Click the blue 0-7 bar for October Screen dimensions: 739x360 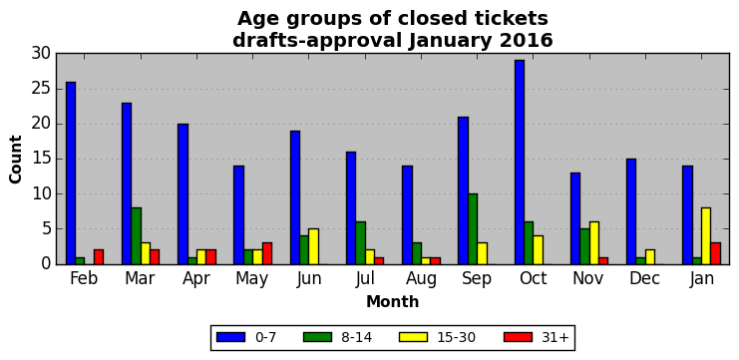click(x=520, y=163)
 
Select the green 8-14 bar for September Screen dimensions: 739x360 click(x=473, y=229)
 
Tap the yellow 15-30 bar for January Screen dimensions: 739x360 click(x=706, y=236)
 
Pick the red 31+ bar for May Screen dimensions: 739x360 click(x=267, y=253)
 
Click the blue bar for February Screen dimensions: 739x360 click(x=71, y=173)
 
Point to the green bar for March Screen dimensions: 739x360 click(x=137, y=236)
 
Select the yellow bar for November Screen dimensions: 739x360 click(x=594, y=243)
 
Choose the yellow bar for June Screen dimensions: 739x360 click(x=314, y=246)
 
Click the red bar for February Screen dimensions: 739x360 click(x=99, y=257)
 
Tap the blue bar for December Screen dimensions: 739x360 click(x=631, y=211)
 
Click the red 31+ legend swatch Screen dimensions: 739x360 click(x=519, y=337)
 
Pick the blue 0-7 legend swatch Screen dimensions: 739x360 click(x=230, y=337)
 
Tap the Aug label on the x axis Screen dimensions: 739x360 click(x=421, y=279)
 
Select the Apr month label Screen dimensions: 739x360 click(x=197, y=279)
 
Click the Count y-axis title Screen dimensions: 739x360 click(x=16, y=160)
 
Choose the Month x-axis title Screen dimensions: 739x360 click(x=393, y=301)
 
